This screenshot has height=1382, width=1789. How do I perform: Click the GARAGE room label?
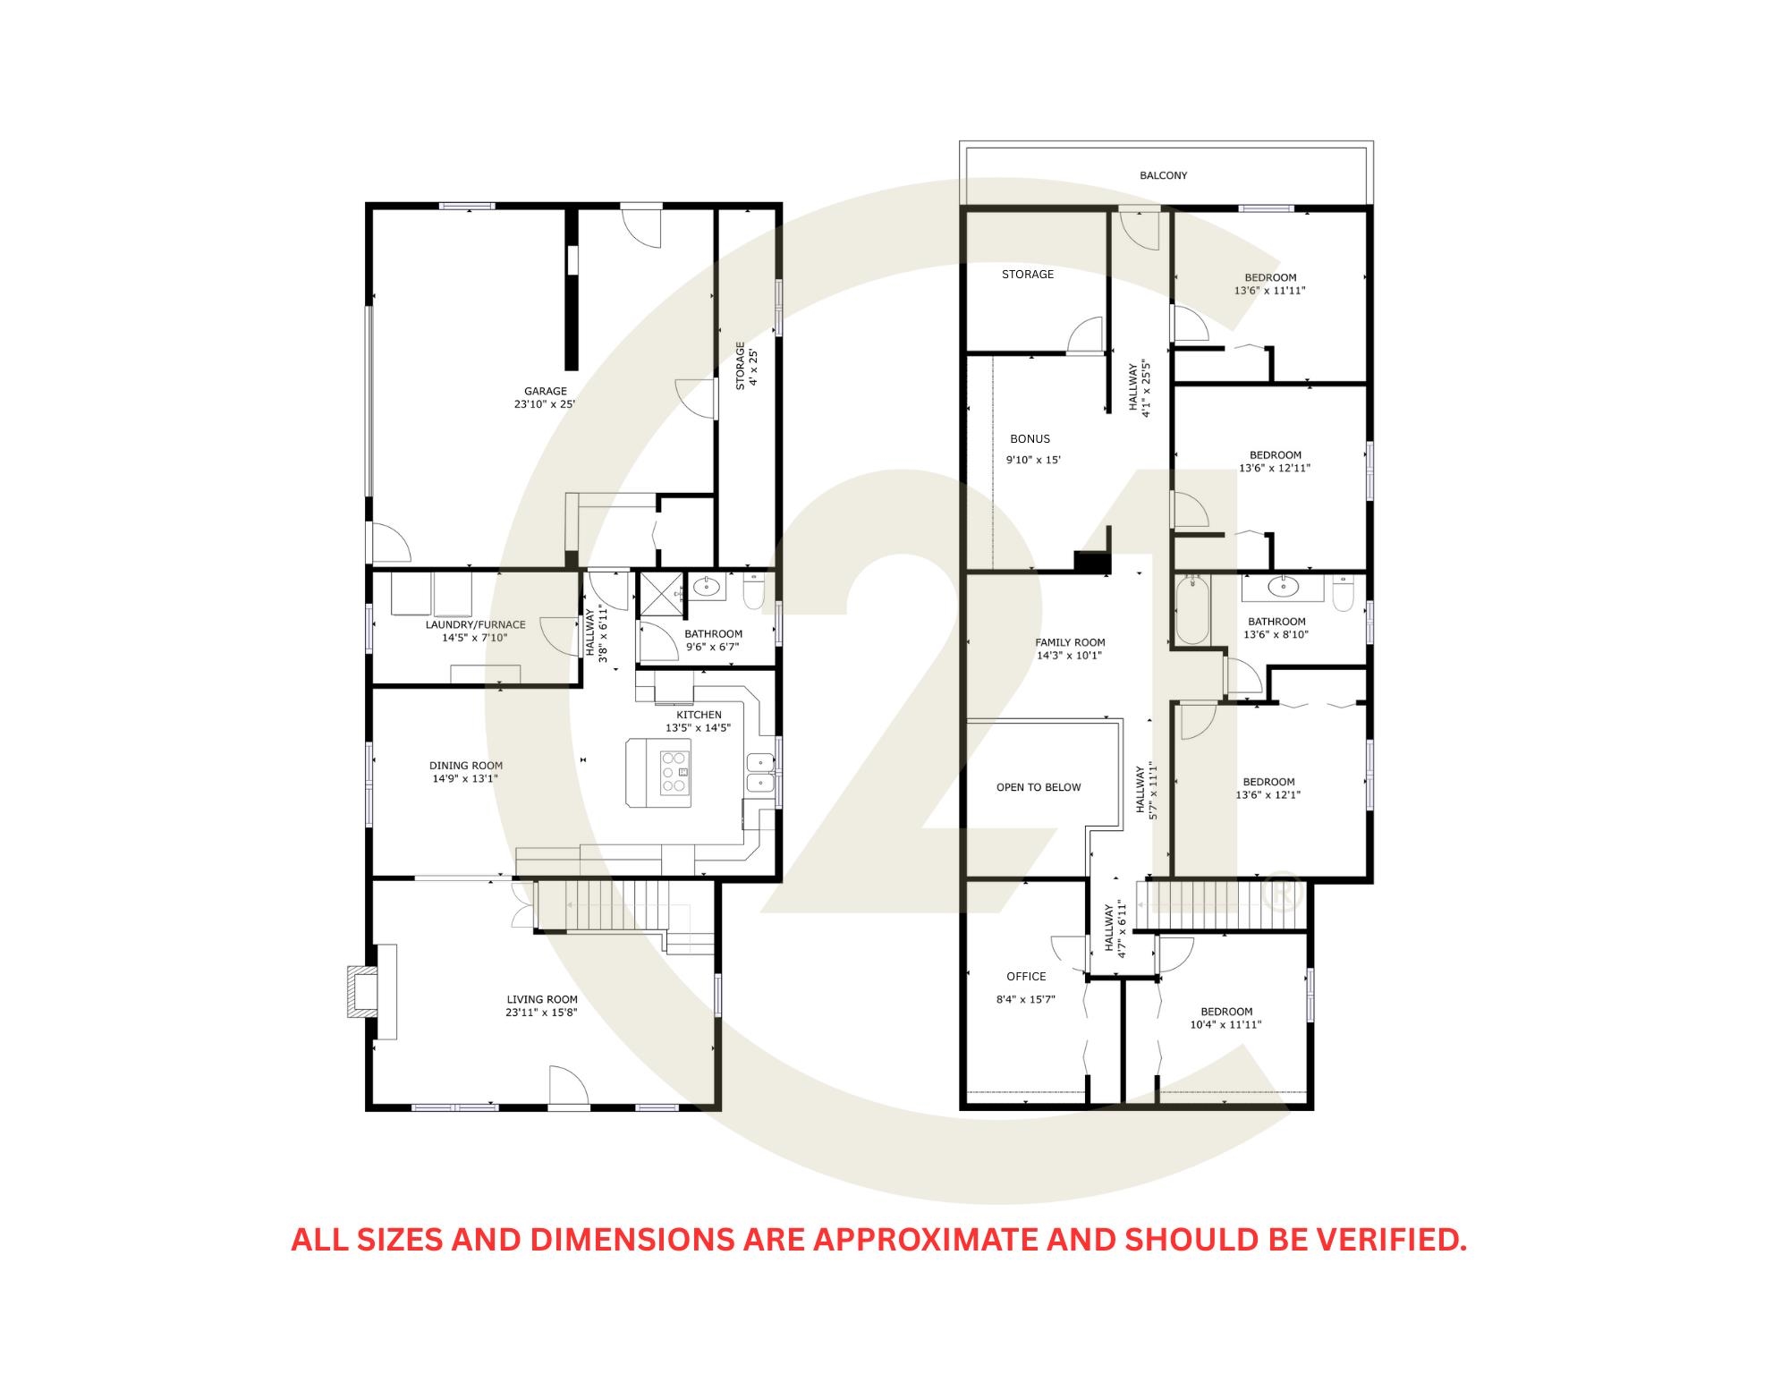546,391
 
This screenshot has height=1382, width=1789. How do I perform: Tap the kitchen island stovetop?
675,773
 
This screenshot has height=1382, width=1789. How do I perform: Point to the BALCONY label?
1164,176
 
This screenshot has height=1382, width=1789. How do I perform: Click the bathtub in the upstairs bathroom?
1192,612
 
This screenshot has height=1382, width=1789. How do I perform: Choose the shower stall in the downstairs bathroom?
660,594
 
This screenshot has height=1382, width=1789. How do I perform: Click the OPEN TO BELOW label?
1039,788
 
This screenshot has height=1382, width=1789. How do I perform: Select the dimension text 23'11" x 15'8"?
542,1013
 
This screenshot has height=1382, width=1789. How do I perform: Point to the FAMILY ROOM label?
1070,642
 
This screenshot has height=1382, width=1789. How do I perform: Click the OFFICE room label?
1026,977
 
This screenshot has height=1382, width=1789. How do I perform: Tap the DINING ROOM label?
466,766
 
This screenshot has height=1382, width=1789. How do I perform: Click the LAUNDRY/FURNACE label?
475,625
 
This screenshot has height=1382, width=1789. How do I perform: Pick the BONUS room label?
1030,439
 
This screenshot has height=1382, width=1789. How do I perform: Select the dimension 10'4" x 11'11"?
1225,1025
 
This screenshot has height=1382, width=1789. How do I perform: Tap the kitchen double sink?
761,773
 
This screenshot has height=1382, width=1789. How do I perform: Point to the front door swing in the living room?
567,1087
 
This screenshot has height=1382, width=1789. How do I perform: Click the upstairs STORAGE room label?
1028,275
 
